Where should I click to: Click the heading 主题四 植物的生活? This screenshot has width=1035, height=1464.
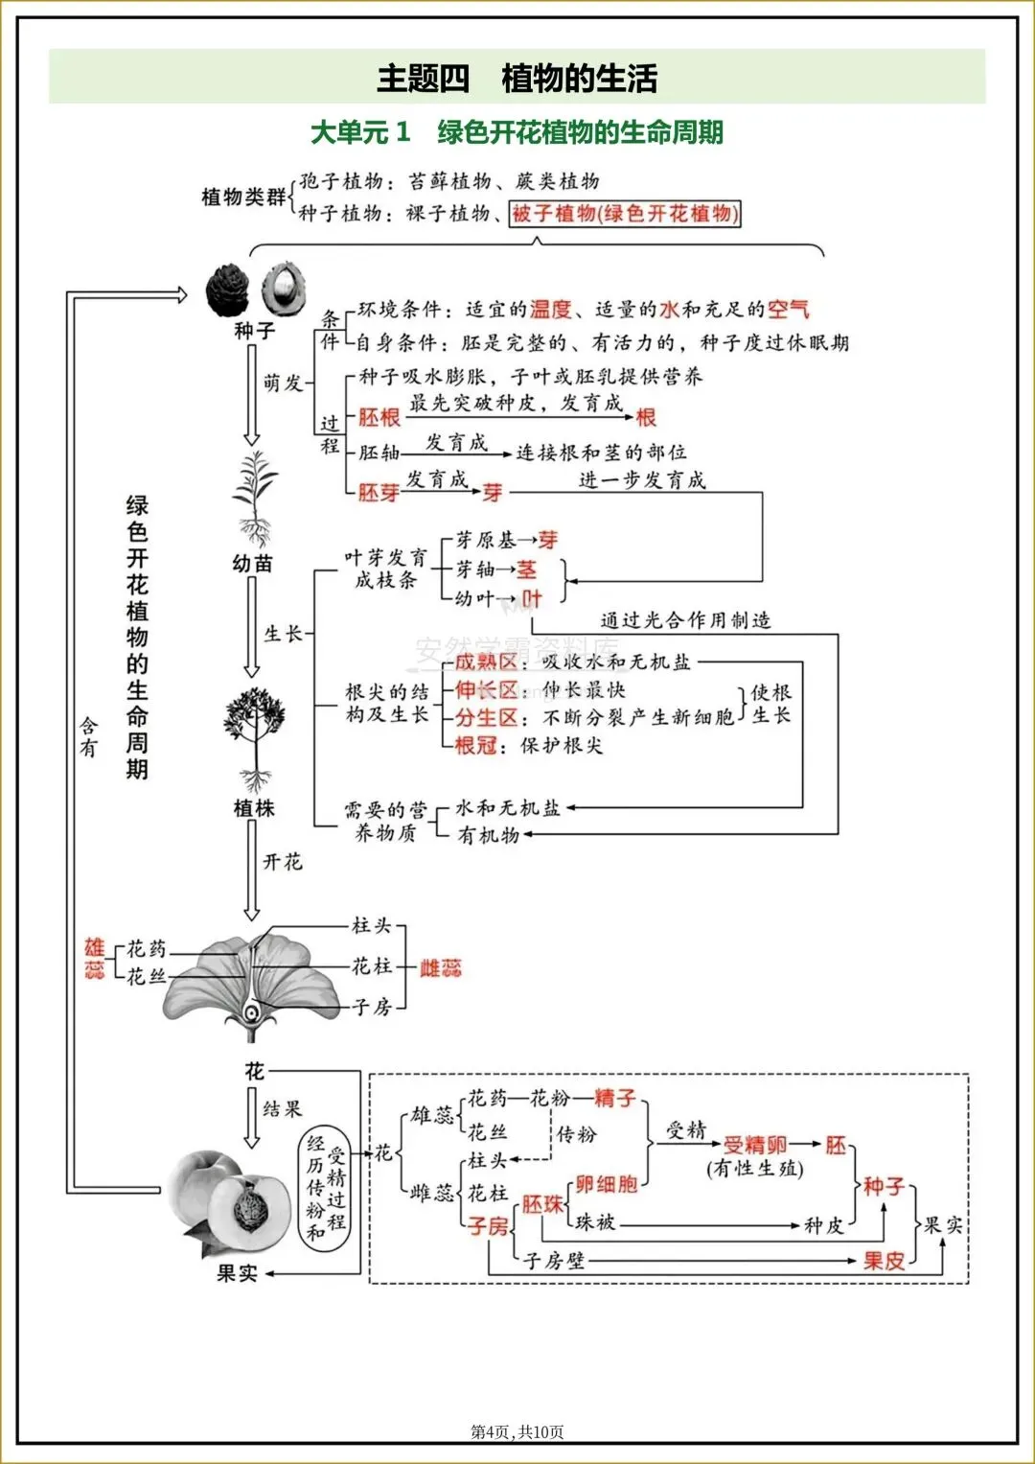pos(517,78)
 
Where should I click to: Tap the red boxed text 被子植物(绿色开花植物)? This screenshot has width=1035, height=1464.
pos(625,213)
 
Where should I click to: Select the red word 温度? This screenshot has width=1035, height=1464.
pos(551,309)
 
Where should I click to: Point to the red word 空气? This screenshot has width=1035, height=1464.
pos(788,309)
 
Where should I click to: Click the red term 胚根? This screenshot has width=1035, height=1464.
pos(379,417)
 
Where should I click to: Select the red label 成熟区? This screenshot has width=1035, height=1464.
pos(485,662)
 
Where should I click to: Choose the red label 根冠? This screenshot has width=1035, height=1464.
pos(475,745)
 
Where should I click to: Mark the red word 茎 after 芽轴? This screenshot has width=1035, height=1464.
pos(526,569)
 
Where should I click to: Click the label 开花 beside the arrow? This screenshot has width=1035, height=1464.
pos(283,862)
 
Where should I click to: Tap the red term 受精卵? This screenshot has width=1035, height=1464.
pos(754,1145)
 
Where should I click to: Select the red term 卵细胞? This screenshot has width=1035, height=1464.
pos(606,1184)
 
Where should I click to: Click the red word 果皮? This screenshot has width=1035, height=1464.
pos(883,1261)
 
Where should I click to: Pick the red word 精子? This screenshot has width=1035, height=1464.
pos(614,1098)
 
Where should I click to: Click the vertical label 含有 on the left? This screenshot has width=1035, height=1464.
pos(88,736)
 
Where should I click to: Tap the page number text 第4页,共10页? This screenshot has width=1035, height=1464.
pos(517,1431)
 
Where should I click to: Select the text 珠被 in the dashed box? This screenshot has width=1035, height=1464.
pos(595,1222)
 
